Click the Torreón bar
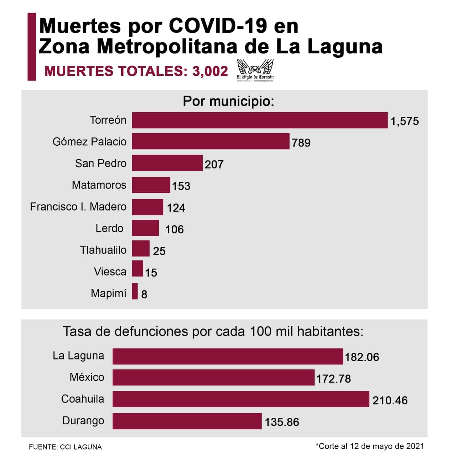(259, 120)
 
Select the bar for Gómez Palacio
(210, 141)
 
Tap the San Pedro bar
(167, 163)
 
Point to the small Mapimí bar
(135, 291)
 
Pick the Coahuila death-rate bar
(240, 399)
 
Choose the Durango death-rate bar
(187, 421)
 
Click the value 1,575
(404, 121)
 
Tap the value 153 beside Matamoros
(181, 186)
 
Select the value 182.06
(362, 357)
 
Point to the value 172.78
(333, 378)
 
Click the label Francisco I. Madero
(78, 207)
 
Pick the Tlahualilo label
(103, 250)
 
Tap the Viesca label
(110, 272)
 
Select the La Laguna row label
(78, 356)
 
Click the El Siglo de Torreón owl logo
(255, 70)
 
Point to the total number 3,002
(210, 71)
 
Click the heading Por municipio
(228, 101)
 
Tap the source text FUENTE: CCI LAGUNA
(65, 447)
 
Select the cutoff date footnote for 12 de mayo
(369, 446)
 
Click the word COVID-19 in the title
(218, 26)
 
